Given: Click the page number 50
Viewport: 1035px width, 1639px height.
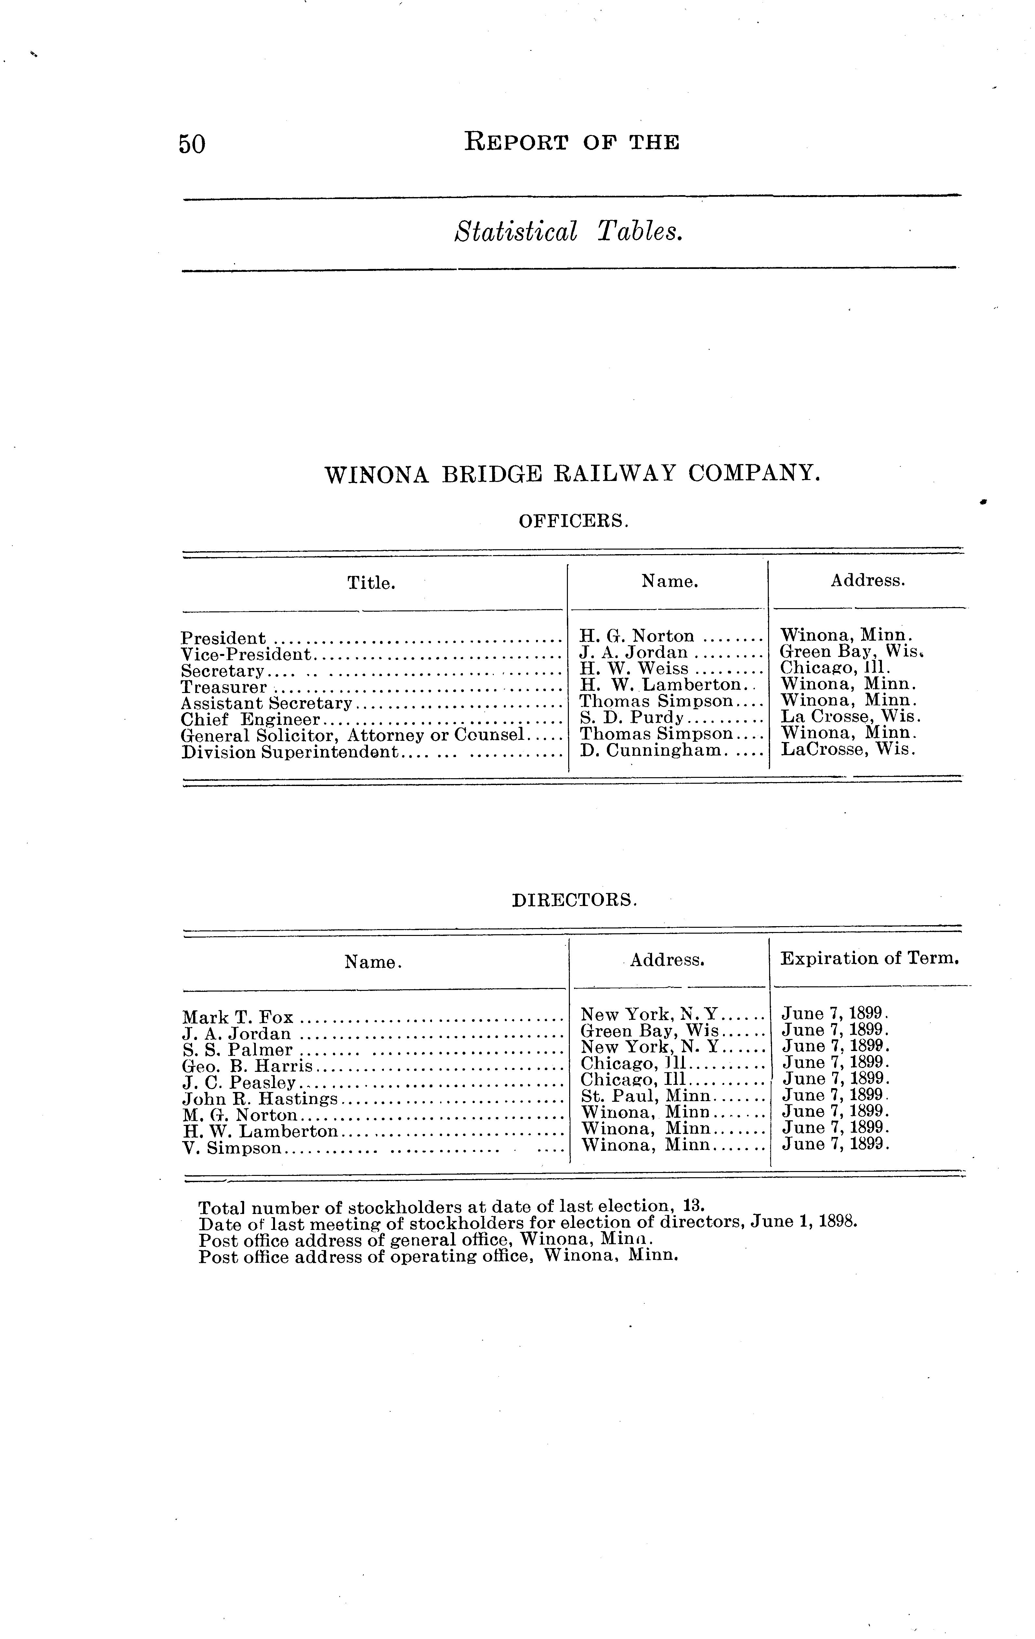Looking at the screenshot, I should (192, 144).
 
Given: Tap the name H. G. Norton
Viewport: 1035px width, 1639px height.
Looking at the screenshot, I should (637, 636).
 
